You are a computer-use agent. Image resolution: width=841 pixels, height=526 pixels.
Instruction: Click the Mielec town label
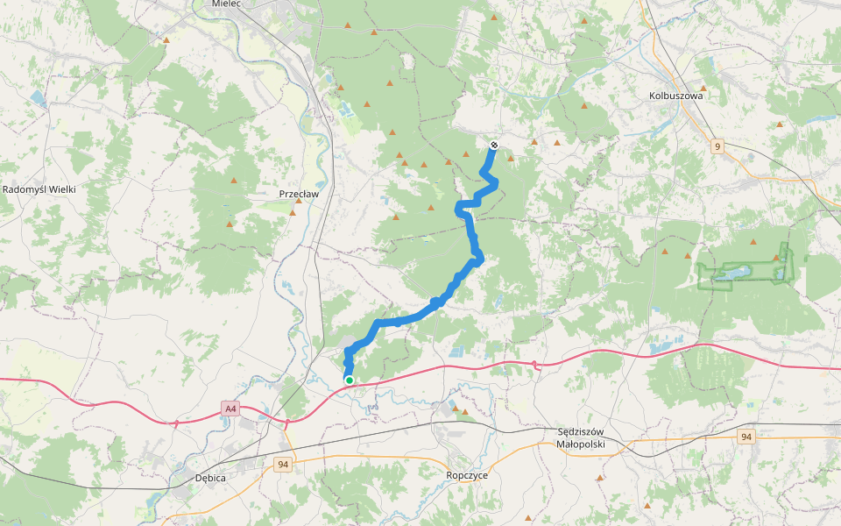pyautogui.click(x=226, y=4)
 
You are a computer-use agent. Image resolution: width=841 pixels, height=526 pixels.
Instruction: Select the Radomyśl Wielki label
pyautogui.click(x=41, y=189)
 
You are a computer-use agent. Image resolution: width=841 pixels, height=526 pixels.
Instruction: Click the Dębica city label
pyautogui.click(x=211, y=479)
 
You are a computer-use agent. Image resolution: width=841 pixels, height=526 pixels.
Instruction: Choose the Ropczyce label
pyautogui.click(x=466, y=474)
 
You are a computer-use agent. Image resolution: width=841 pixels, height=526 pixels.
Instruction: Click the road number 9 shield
pyautogui.click(x=717, y=146)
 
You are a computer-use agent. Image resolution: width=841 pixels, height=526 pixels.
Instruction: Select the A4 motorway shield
pyautogui.click(x=230, y=409)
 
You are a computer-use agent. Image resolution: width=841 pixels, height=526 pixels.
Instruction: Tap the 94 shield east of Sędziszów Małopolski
pyautogui.click(x=746, y=437)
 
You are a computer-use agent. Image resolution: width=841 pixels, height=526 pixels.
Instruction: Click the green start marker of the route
pyautogui.click(x=349, y=380)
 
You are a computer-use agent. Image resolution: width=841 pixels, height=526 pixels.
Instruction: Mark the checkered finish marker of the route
pyautogui.click(x=494, y=146)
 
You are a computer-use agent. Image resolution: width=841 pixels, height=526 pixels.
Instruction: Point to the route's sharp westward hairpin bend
pyautogui.click(x=459, y=206)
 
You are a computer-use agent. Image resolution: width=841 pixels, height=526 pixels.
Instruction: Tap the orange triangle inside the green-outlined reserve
pyautogui.click(x=775, y=258)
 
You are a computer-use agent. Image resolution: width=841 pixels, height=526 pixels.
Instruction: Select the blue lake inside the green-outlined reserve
pyautogui.click(x=726, y=274)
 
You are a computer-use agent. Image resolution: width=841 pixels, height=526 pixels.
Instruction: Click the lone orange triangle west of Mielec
pyautogui.click(x=166, y=39)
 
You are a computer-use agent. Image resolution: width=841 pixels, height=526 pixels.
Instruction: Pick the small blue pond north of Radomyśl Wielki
pyautogui.click(x=39, y=97)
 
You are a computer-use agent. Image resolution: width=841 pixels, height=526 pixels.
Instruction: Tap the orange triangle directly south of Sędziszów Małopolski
pyautogui.click(x=599, y=478)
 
